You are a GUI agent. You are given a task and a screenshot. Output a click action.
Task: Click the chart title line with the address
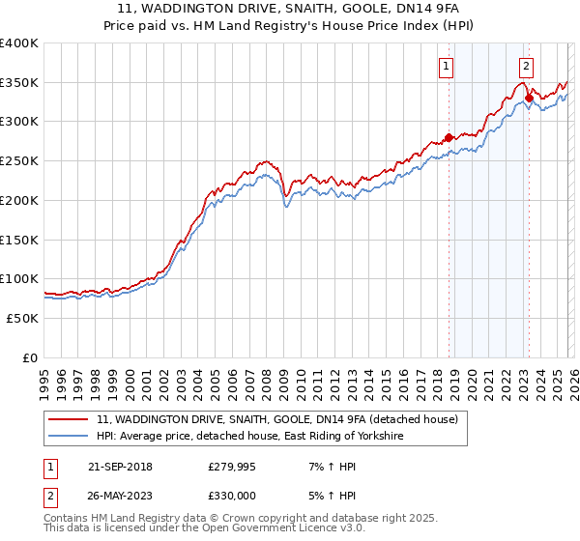(x=289, y=11)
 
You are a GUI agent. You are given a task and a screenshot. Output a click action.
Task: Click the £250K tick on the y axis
(x=19, y=160)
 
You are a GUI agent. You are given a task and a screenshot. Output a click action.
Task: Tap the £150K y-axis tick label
(x=19, y=239)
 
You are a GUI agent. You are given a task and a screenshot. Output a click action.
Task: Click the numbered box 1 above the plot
(x=447, y=67)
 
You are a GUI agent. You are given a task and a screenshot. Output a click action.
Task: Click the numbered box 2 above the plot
(x=526, y=67)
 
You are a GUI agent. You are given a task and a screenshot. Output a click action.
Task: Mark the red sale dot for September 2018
(x=449, y=137)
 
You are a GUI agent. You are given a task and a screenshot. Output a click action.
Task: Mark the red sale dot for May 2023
(x=529, y=98)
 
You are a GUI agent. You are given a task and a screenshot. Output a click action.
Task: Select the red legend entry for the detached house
(x=282, y=419)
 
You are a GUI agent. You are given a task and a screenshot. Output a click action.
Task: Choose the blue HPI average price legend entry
(x=248, y=437)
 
